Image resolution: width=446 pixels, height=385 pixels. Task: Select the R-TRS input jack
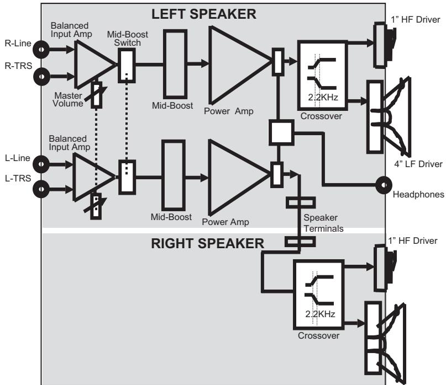(41, 77)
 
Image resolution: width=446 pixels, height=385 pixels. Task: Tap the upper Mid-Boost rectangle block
(175, 64)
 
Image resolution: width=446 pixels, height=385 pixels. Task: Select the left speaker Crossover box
(322, 75)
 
